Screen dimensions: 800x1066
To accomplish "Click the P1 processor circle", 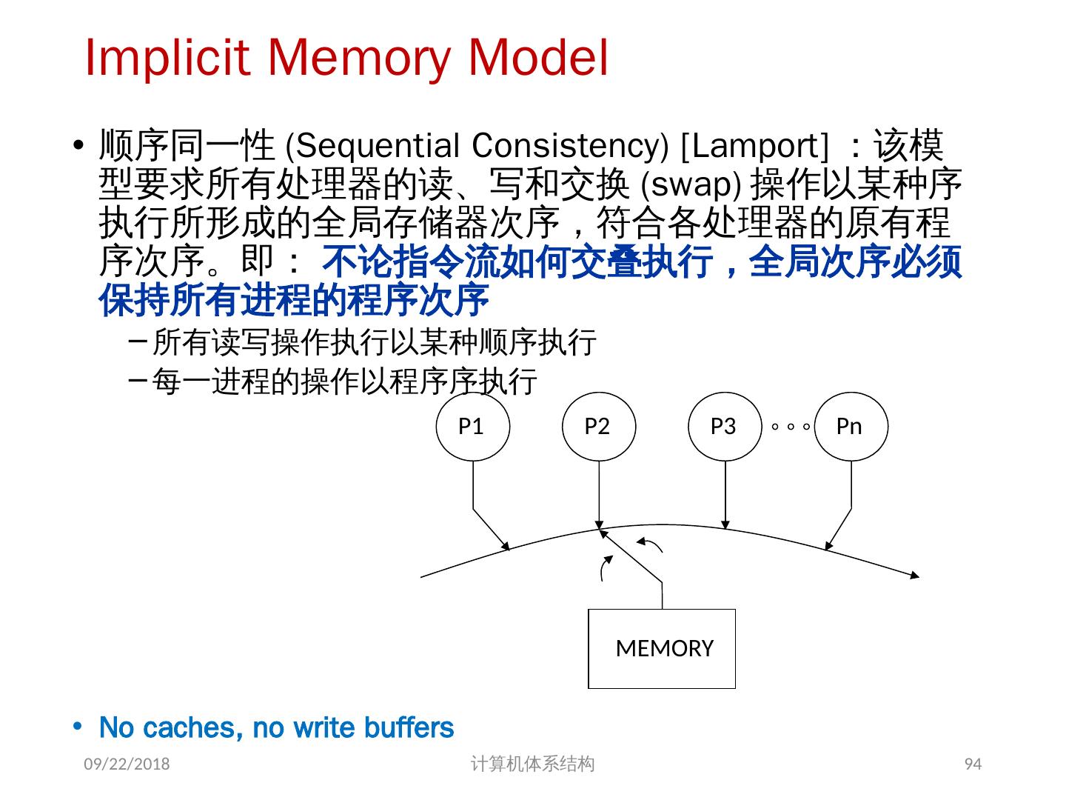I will coord(472,427).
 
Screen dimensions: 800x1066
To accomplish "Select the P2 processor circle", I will coord(598,427).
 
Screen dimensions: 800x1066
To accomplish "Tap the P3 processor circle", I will coord(724,427).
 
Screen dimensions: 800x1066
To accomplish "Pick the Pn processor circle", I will coord(851,427).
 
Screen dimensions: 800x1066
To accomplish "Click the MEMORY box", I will coord(661,648).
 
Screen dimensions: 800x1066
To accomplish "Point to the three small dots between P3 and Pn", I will coord(790,427).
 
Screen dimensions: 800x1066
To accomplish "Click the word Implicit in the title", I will coord(166,58).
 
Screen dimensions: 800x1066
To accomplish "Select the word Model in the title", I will coord(538,58).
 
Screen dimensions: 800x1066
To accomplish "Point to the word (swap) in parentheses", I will coord(690,184).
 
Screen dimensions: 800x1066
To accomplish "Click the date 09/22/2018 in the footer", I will coord(127,764).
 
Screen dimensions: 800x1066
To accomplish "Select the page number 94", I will coord(973,764).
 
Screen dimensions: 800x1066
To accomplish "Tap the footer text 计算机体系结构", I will coord(532,764).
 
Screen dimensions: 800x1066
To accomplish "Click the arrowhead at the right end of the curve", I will coord(915,575).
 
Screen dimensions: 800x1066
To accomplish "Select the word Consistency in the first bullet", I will coord(570,146).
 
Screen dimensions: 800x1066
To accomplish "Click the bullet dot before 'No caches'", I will coord(78,726).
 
